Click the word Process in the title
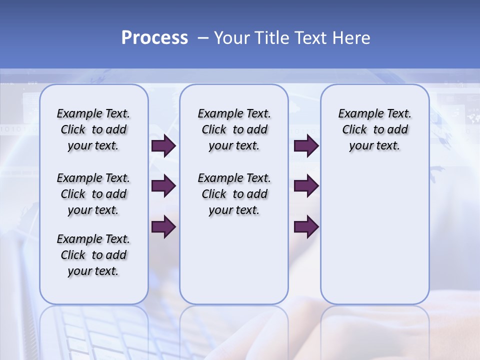pos(154,38)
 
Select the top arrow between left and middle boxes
pos(163,145)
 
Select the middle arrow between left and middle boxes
pos(163,186)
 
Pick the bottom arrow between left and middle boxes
pos(163,226)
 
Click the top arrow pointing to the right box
pos(306,145)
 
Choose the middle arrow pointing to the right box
pos(306,186)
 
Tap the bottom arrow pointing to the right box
pos(306,226)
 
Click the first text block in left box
pos(93,129)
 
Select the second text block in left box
pos(93,194)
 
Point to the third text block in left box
pos(93,255)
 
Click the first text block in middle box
pos(234,129)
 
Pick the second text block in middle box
pos(234,194)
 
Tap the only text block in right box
pos(374,129)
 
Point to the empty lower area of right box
pos(374,235)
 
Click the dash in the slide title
pos(203,38)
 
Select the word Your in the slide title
pos(231,38)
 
